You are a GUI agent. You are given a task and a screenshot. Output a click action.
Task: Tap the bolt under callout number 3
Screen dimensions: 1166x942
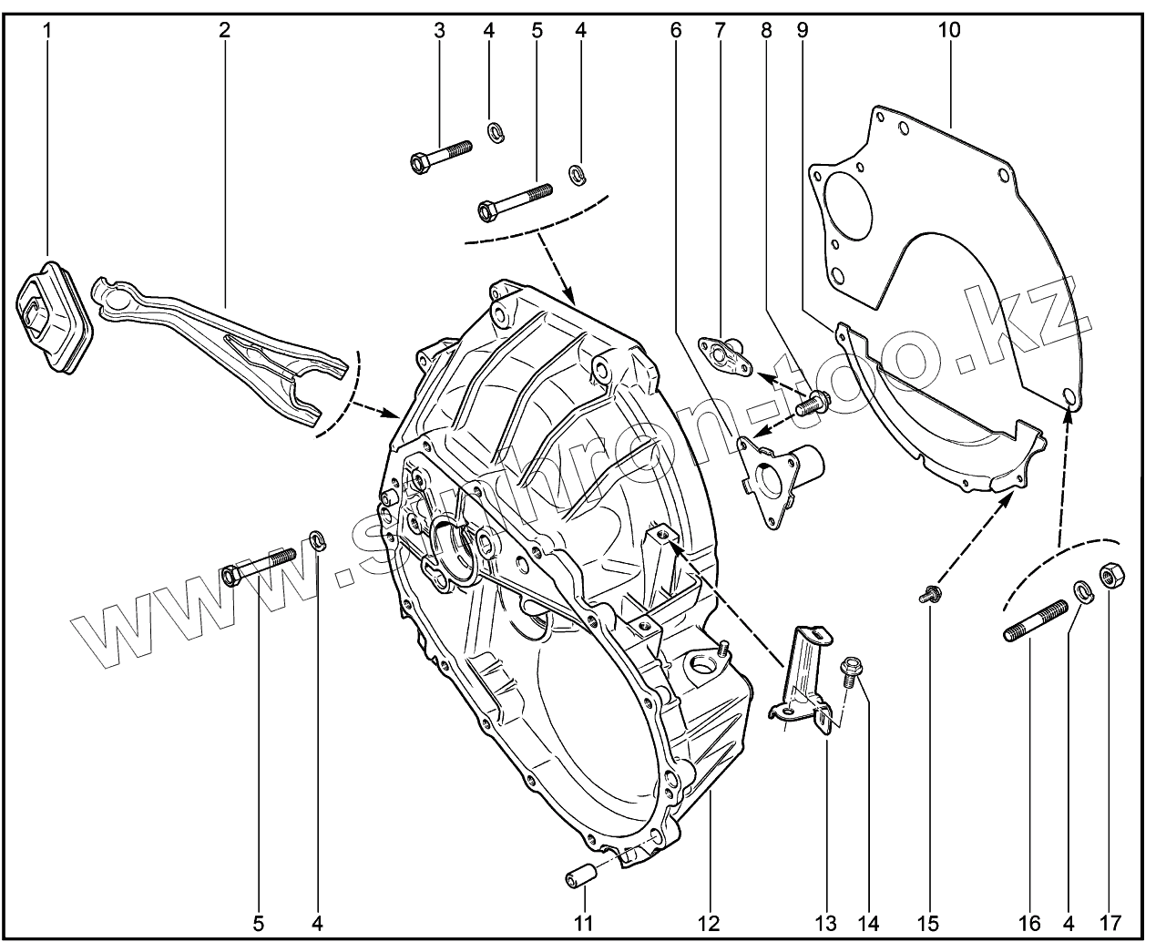(440, 156)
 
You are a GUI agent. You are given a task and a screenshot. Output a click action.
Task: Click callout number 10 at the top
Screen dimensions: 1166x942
(948, 29)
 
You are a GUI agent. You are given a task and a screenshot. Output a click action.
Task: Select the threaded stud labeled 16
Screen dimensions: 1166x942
(1037, 621)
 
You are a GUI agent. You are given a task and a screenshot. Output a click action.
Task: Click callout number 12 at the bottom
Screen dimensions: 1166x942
(709, 923)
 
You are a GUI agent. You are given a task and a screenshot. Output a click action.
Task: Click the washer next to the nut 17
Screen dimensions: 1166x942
(1083, 590)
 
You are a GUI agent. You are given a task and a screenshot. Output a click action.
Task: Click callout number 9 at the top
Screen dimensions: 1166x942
(802, 29)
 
